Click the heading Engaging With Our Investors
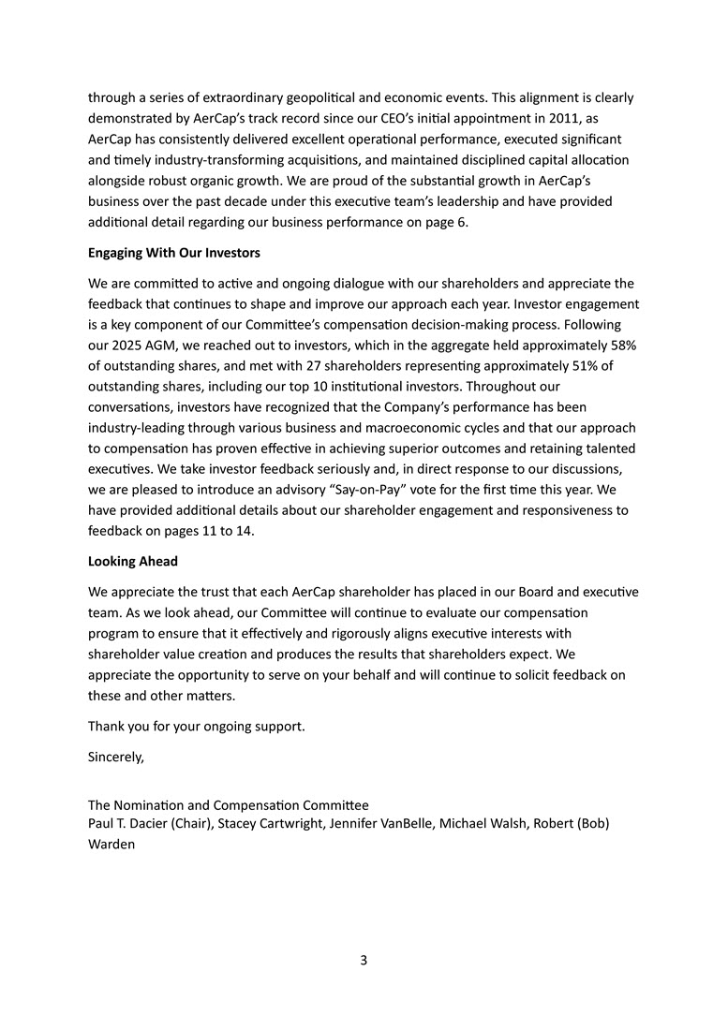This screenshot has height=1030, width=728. (174, 253)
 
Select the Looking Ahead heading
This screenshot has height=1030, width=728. (133, 561)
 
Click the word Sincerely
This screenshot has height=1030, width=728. (116, 757)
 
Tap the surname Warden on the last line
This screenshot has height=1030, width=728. (111, 844)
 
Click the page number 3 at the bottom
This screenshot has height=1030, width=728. (364, 960)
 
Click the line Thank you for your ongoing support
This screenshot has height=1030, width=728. (197, 726)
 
